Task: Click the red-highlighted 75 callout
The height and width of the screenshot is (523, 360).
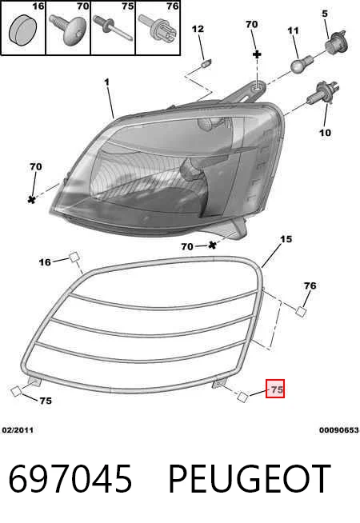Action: tap(275, 389)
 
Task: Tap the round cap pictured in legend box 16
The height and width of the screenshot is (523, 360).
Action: tap(22, 28)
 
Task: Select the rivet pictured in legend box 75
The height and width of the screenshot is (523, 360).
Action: tap(113, 28)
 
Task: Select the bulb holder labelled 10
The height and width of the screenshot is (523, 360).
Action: tap(322, 94)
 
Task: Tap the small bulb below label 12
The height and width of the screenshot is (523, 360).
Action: tap(207, 62)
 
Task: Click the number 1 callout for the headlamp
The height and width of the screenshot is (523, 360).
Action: tap(106, 82)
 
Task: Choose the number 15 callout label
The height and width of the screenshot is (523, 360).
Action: tap(286, 239)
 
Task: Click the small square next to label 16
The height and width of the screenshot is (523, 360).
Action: tap(74, 258)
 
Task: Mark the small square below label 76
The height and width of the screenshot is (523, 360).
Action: tap(301, 311)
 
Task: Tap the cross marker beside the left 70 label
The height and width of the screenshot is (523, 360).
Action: tap(32, 199)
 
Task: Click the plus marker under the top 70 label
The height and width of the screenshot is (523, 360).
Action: tap(257, 54)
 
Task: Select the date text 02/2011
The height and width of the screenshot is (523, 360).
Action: tap(18, 430)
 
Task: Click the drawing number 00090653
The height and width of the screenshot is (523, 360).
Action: tap(339, 430)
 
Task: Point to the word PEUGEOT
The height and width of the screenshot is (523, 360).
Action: tap(250, 479)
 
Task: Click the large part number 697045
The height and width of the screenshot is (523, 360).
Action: tap(70, 479)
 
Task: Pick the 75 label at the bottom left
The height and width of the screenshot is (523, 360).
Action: tap(46, 401)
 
